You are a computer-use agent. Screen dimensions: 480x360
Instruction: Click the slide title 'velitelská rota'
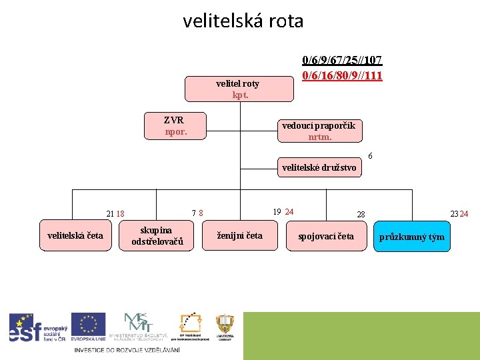(x=243, y=21)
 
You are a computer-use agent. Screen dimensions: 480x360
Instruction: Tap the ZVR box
(x=176, y=126)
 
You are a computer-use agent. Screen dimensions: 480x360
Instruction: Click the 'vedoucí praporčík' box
(x=319, y=131)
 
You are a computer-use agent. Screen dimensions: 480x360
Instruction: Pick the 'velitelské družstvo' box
(x=319, y=168)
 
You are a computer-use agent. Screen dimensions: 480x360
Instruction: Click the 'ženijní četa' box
(x=240, y=236)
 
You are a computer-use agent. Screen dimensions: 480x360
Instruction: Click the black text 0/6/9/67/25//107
(x=342, y=61)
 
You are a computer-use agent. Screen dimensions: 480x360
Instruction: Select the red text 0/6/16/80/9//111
(x=342, y=75)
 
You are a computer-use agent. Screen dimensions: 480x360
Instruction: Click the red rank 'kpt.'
(x=240, y=95)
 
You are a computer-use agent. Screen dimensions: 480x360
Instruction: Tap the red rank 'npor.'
(x=176, y=132)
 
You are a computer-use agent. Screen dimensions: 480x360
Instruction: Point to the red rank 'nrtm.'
(x=320, y=137)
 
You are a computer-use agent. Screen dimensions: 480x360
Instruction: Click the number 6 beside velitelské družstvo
(x=370, y=156)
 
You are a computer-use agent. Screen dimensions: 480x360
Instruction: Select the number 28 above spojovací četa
(x=361, y=215)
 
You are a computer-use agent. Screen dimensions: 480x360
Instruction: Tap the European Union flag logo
(x=88, y=327)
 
